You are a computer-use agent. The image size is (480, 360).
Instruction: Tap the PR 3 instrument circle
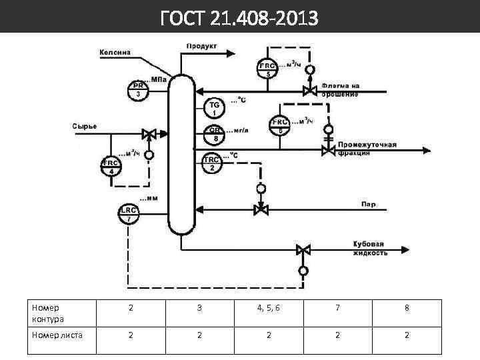click(138, 90)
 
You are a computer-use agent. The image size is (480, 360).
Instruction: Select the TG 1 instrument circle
click(214, 109)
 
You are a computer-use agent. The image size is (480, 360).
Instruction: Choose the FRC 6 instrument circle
click(279, 126)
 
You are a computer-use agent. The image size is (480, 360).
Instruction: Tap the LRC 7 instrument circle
click(129, 213)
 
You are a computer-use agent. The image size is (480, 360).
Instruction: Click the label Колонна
click(115, 52)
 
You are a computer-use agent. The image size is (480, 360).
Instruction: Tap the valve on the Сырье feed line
click(149, 133)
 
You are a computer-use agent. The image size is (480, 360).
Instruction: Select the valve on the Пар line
click(261, 210)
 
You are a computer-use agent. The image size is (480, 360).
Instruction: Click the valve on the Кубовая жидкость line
click(303, 250)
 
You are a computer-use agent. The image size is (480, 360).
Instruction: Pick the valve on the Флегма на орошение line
click(309, 90)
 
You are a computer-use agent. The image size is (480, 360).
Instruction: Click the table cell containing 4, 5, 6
click(268, 308)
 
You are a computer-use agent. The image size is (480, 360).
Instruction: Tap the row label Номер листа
click(57, 335)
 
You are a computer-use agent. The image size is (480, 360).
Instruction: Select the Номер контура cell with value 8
click(407, 308)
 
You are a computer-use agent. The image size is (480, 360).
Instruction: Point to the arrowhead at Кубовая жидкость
click(405, 250)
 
